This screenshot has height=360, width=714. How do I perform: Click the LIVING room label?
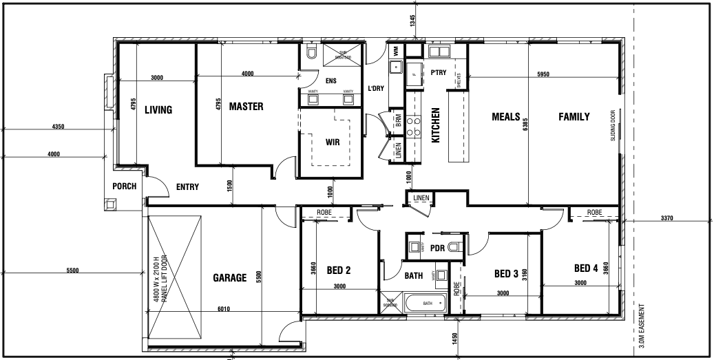tap(158, 109)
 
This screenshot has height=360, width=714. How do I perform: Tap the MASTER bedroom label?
tap(246, 106)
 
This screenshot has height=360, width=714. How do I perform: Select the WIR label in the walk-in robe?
tap(333, 142)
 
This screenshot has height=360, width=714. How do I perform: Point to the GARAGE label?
tap(229, 278)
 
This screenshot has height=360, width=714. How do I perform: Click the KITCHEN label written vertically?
tap(435, 125)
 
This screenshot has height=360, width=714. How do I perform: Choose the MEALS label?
tap(505, 116)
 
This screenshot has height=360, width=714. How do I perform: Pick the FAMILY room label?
tap(574, 116)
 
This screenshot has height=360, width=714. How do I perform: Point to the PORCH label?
tap(125, 187)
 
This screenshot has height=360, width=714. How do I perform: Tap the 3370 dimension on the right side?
tap(666, 218)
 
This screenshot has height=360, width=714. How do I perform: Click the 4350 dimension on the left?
tap(59, 127)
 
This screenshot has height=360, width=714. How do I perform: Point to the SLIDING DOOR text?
tap(612, 125)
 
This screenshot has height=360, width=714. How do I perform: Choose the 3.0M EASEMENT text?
tap(642, 328)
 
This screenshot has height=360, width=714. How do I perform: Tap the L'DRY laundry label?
tap(376, 88)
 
